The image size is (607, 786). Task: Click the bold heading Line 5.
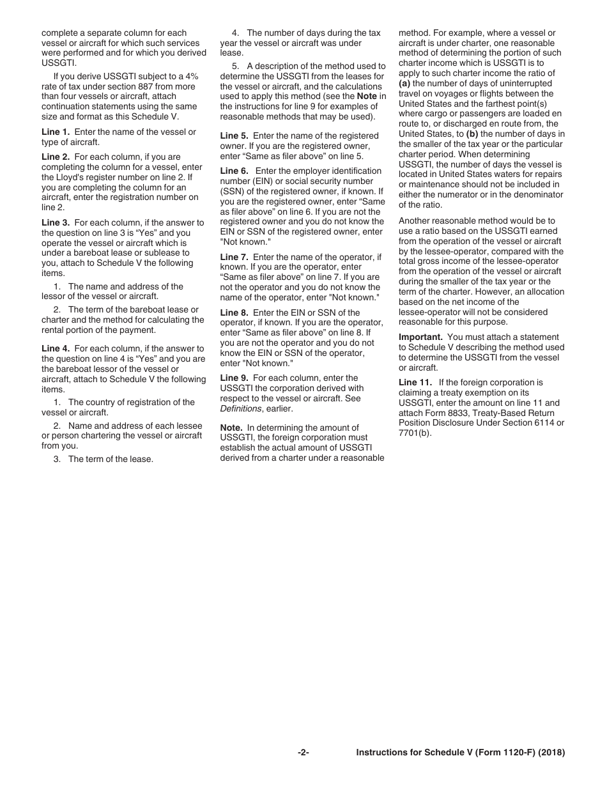[x=234, y=136]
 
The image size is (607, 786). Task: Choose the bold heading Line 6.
[x=234, y=171]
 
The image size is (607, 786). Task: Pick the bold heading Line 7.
[x=234, y=258]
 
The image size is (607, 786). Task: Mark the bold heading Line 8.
[x=234, y=312]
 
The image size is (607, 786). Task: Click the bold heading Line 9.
[x=234, y=378]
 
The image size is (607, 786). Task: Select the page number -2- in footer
[x=303, y=753]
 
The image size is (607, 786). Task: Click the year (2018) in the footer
[x=552, y=753]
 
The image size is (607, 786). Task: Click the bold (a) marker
[x=404, y=84]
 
